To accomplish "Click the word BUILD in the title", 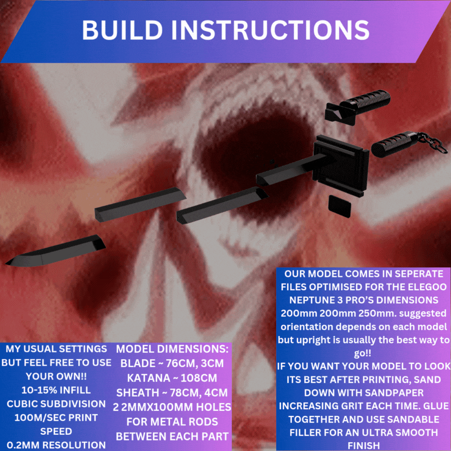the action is [123, 30].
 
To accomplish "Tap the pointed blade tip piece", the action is [55, 251].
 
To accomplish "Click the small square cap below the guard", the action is [340, 206].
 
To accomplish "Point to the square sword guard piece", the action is [341, 165].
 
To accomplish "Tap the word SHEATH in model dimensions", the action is [137, 393].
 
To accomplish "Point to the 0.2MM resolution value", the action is [25, 445].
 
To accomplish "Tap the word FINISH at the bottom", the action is [363, 446].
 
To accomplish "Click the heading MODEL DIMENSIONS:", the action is [172, 349].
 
